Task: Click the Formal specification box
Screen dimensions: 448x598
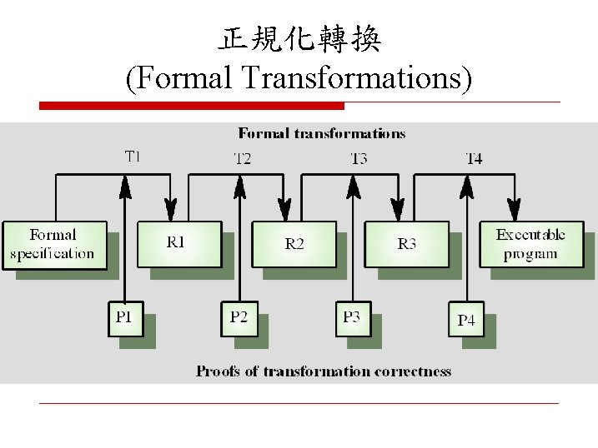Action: [x=54, y=244]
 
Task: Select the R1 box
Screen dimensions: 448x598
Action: [x=178, y=243]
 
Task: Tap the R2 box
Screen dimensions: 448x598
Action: [x=294, y=243]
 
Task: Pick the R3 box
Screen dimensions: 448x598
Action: [x=406, y=243]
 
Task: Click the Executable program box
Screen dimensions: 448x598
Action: [x=530, y=243]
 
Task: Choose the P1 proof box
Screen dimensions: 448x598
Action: [x=124, y=319]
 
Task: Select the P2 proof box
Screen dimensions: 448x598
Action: [x=239, y=319]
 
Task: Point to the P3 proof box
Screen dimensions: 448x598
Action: [x=353, y=319]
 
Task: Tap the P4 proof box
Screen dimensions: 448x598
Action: [x=466, y=320]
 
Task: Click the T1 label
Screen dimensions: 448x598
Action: [x=133, y=155]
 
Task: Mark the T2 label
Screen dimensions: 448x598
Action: [x=242, y=158]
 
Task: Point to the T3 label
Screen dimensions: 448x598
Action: [x=359, y=158]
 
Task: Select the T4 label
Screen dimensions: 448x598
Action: [x=473, y=158]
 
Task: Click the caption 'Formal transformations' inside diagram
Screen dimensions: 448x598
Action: [x=322, y=133]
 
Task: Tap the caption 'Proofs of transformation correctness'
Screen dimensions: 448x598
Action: [x=324, y=371]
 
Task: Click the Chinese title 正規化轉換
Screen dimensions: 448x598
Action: [x=299, y=39]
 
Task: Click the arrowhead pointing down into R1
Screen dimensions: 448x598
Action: [x=171, y=208]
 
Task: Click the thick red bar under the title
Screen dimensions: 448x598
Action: [x=192, y=106]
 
